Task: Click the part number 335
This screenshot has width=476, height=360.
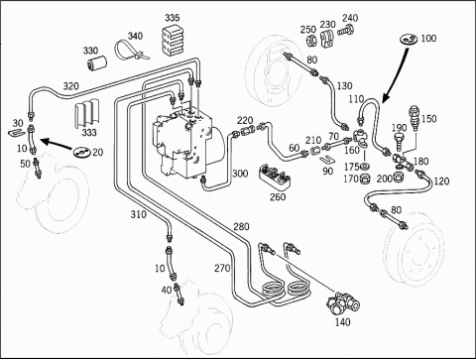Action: (173, 18)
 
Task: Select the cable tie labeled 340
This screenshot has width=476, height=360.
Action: (130, 51)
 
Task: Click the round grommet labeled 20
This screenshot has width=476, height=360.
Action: (80, 153)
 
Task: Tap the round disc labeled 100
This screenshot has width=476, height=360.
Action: (409, 40)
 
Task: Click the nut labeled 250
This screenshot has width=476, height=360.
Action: (311, 41)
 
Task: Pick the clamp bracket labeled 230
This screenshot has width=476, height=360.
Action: (327, 39)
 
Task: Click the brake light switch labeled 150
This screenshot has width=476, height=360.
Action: (414, 118)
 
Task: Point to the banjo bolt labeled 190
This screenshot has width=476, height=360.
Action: (399, 142)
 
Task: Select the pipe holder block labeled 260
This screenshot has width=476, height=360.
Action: (276, 177)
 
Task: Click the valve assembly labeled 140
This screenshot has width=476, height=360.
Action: (343, 302)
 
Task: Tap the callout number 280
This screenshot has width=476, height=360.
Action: (241, 227)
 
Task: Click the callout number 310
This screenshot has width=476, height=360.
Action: (138, 214)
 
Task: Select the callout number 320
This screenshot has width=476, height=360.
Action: (71, 86)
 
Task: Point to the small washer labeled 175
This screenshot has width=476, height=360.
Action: (365, 166)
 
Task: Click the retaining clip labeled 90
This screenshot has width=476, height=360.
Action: (326, 159)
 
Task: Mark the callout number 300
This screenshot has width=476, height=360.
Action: (240, 174)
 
